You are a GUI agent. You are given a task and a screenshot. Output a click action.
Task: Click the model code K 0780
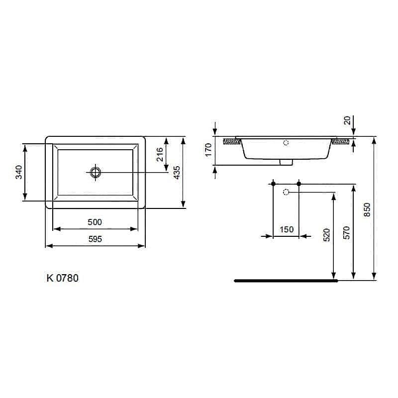click(62, 278)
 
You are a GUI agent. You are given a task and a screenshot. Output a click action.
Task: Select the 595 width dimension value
click(95, 239)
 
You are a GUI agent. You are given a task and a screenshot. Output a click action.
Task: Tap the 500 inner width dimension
click(95, 222)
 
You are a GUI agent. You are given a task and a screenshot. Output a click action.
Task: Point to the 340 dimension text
click(18, 172)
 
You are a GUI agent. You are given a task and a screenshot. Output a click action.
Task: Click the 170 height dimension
click(208, 150)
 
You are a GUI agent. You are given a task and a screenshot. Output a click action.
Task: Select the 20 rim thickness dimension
click(347, 120)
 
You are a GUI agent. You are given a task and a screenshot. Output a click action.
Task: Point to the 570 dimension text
click(347, 232)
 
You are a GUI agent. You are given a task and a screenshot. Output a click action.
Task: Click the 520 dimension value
click(327, 235)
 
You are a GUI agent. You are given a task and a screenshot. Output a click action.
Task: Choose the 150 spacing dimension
click(287, 229)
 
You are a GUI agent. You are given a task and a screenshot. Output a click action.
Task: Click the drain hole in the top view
click(95, 172)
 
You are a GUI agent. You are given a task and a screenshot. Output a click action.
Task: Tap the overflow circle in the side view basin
click(286, 143)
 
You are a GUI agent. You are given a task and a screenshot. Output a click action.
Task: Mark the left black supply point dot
click(273, 184)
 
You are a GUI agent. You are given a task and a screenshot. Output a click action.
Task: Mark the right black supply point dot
click(299, 184)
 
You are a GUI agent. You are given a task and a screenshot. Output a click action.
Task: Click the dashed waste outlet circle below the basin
click(286, 192)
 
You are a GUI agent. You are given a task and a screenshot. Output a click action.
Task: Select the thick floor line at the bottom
click(286, 281)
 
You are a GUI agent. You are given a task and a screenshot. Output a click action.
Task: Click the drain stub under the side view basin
click(286, 162)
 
